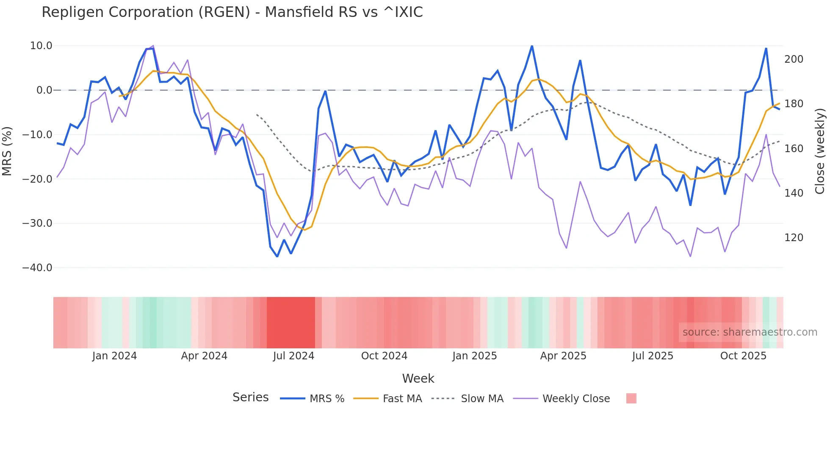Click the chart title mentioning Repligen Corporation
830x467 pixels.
[232, 12]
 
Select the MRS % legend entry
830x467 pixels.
[313, 399]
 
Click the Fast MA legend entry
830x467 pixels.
[387, 399]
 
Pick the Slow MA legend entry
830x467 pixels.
[468, 399]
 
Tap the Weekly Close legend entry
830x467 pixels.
[562, 399]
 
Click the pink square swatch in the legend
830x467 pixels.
[631, 398]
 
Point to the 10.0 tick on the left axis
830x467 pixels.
[41, 46]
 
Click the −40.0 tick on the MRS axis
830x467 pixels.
[37, 268]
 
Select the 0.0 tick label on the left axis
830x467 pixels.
[44, 90]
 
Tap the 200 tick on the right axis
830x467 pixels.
[794, 59]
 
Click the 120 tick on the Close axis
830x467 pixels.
[794, 238]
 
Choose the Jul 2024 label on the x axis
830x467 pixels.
[293, 356]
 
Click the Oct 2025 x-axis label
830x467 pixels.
[743, 356]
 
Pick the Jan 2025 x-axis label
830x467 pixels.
[474, 356]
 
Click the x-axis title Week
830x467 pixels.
[418, 378]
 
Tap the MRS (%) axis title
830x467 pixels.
[7, 151]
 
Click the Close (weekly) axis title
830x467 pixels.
[820, 151]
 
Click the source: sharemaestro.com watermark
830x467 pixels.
[750, 332]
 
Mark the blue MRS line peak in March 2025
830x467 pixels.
[532, 46]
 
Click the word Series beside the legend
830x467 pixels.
[250, 398]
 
